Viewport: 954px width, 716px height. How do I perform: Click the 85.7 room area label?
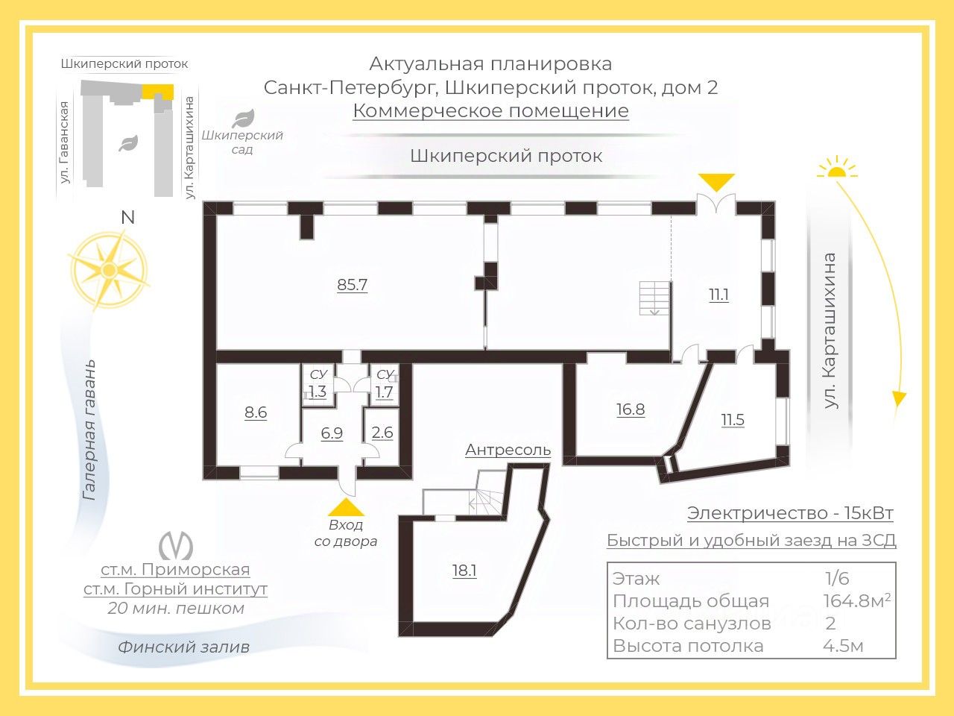pyautogui.click(x=353, y=285)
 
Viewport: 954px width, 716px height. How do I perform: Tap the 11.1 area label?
pyautogui.click(x=718, y=295)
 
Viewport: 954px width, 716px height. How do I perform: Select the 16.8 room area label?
pyautogui.click(x=631, y=409)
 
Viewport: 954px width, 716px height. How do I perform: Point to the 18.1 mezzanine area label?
pyautogui.click(x=464, y=571)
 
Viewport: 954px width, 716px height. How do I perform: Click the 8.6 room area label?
pyautogui.click(x=256, y=412)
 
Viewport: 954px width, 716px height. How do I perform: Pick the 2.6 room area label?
pyautogui.click(x=382, y=433)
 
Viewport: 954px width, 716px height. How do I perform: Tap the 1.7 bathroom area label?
pyautogui.click(x=384, y=392)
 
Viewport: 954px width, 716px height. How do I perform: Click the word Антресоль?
pyautogui.click(x=508, y=450)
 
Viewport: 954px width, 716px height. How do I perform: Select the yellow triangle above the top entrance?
pyautogui.click(x=716, y=182)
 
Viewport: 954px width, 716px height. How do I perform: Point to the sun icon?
pyautogui.click(x=836, y=169)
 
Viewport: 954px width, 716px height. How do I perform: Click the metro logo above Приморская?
pyautogui.click(x=176, y=544)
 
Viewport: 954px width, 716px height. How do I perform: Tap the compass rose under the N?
pyautogui.click(x=110, y=269)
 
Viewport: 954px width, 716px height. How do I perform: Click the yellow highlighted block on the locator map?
pyautogui.click(x=159, y=91)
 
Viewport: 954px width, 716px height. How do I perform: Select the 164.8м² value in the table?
pyautogui.click(x=856, y=601)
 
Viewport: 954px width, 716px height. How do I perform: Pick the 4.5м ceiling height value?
pyautogui.click(x=843, y=646)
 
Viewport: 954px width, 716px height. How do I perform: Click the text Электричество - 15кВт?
pyautogui.click(x=790, y=513)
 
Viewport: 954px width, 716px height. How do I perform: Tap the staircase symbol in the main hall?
pyautogui.click(x=654, y=298)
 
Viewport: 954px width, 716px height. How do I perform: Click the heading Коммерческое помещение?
pyautogui.click(x=490, y=111)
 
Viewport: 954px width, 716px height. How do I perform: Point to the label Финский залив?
pyautogui.click(x=183, y=647)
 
